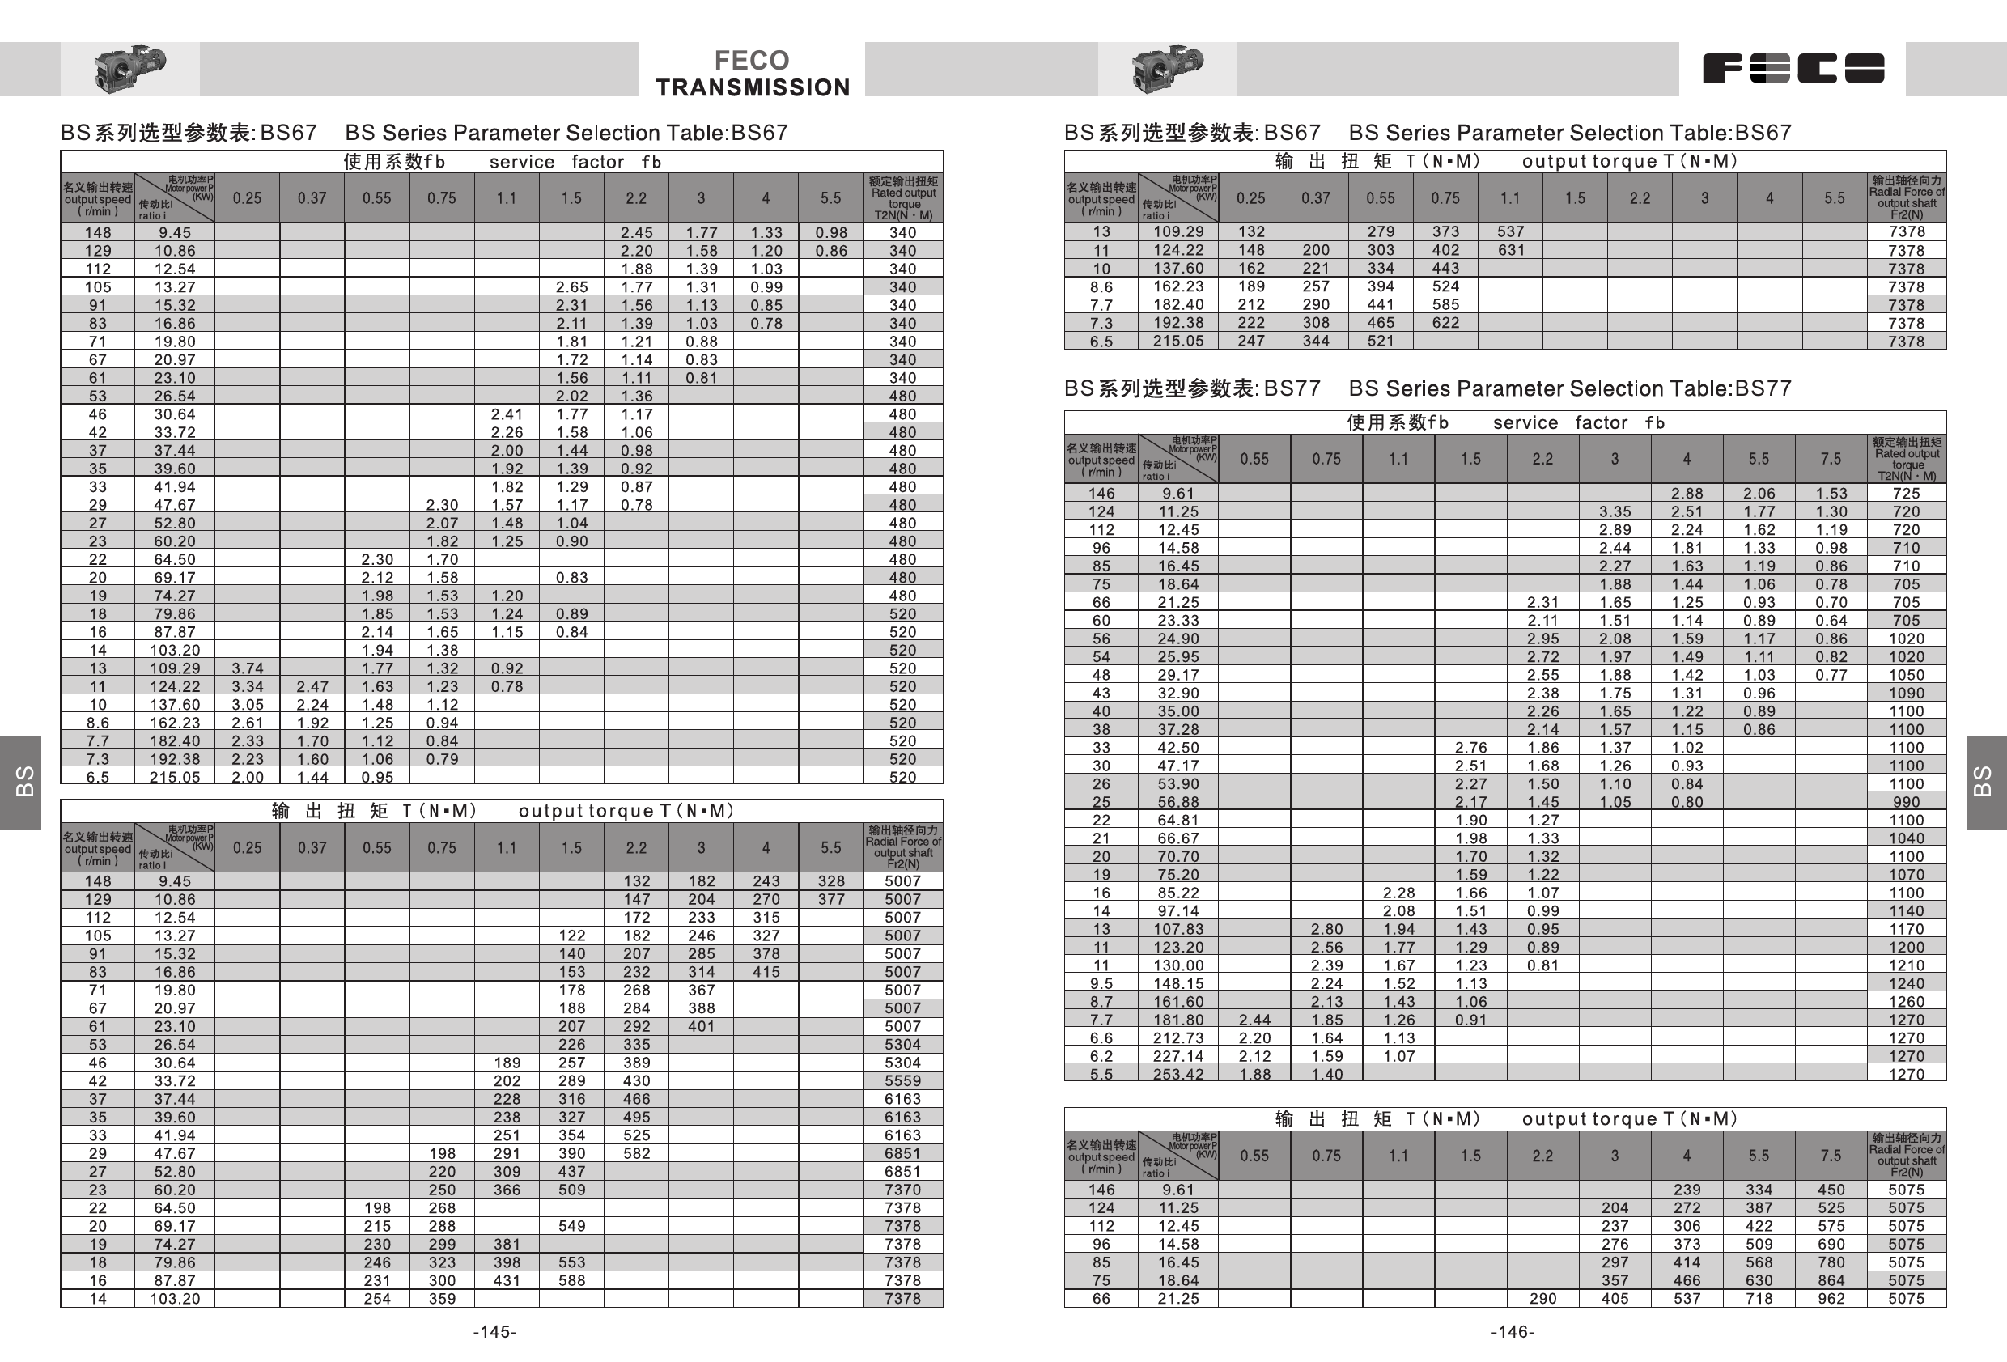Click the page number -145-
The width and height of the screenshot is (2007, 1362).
(x=494, y=1332)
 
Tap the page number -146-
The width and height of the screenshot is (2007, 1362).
(x=1513, y=1332)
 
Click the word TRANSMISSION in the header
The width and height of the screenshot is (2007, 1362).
(x=752, y=87)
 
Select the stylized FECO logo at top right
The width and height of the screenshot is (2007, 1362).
(x=1793, y=68)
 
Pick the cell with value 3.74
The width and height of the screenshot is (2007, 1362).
(x=247, y=668)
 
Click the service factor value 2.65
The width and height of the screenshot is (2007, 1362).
(x=571, y=286)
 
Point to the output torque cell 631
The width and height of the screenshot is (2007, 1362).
(x=1509, y=250)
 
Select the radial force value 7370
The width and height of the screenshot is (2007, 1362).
(x=902, y=1190)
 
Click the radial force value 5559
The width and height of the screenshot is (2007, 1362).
(x=902, y=1080)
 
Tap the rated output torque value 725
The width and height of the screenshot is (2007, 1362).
(x=1906, y=493)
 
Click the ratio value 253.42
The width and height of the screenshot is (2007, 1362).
(x=1178, y=1075)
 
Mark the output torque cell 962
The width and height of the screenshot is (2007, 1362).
(x=1831, y=1298)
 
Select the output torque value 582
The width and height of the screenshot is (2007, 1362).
(x=636, y=1153)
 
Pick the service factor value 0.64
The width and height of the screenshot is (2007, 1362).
(x=1831, y=620)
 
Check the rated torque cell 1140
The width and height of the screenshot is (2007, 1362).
(x=1906, y=910)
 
